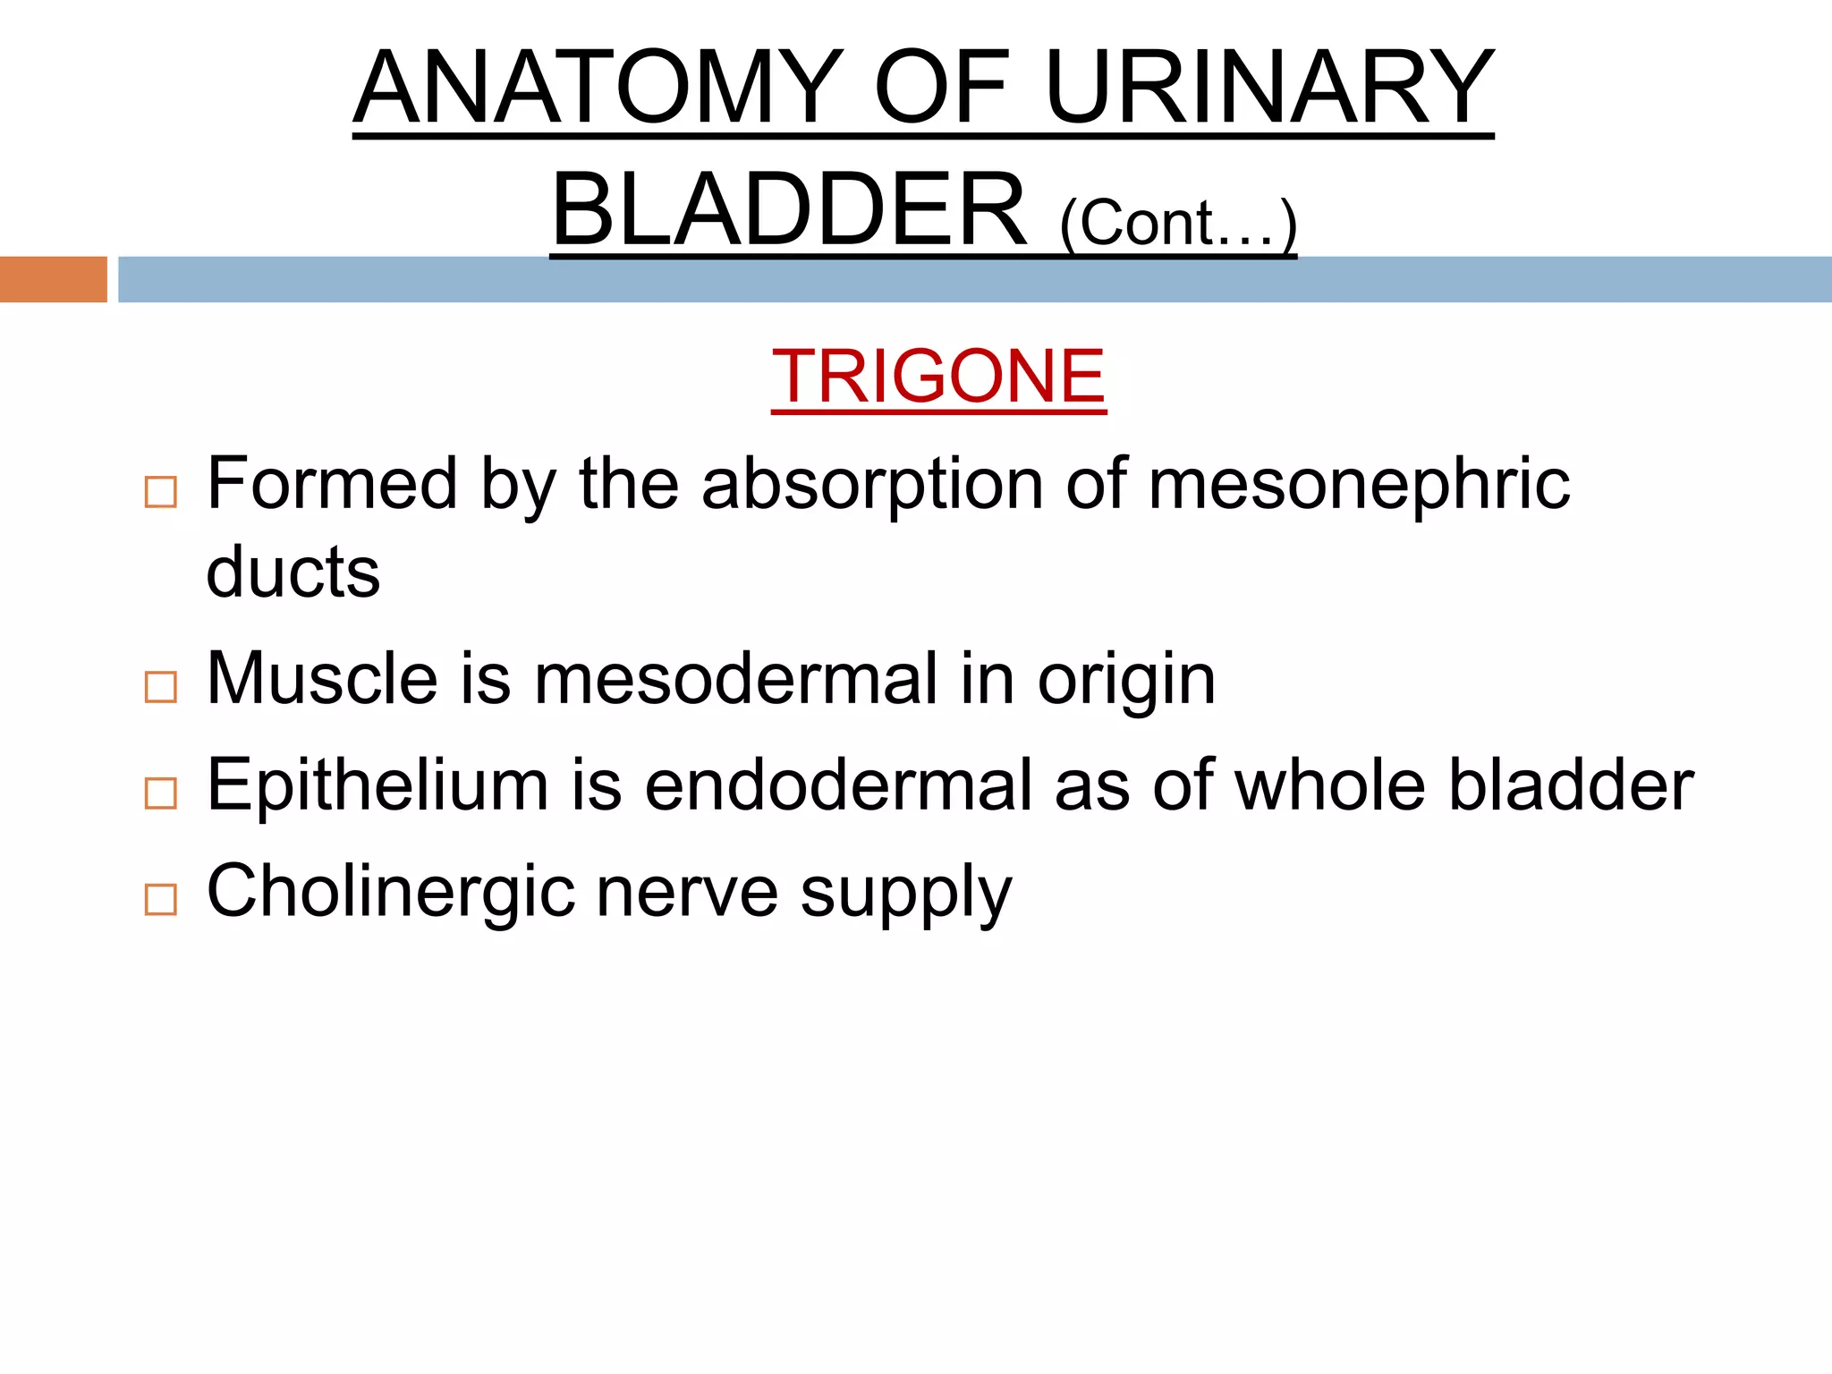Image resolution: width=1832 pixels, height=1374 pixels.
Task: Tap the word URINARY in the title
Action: click(x=1268, y=88)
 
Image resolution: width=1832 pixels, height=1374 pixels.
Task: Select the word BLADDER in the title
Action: click(x=789, y=211)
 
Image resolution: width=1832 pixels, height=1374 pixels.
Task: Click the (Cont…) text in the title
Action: click(x=1177, y=224)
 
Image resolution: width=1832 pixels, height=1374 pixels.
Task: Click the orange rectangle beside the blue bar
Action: click(x=53, y=279)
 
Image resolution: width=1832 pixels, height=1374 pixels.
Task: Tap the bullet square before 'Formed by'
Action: click(x=161, y=492)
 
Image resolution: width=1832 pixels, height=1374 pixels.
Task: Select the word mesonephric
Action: click(x=1359, y=484)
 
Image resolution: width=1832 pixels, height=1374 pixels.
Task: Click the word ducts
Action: click(x=293, y=572)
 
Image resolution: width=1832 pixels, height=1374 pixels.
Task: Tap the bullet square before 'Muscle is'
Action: click(x=161, y=687)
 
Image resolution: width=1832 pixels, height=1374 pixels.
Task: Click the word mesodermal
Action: click(x=736, y=679)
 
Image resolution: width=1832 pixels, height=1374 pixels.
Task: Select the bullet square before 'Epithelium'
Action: click(x=161, y=793)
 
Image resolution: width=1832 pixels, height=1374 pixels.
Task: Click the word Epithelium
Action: click(x=377, y=785)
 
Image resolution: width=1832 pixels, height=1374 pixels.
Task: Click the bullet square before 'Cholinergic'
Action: click(x=161, y=899)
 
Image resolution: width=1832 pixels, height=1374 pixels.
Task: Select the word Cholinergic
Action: click(x=391, y=892)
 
